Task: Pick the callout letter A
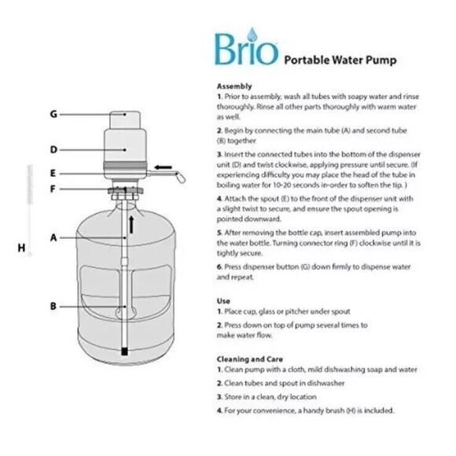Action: click(x=53, y=236)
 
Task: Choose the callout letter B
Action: click(x=53, y=305)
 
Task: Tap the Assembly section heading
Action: click(x=234, y=86)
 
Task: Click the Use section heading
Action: click(x=222, y=300)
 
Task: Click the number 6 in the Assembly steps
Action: click(x=219, y=267)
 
